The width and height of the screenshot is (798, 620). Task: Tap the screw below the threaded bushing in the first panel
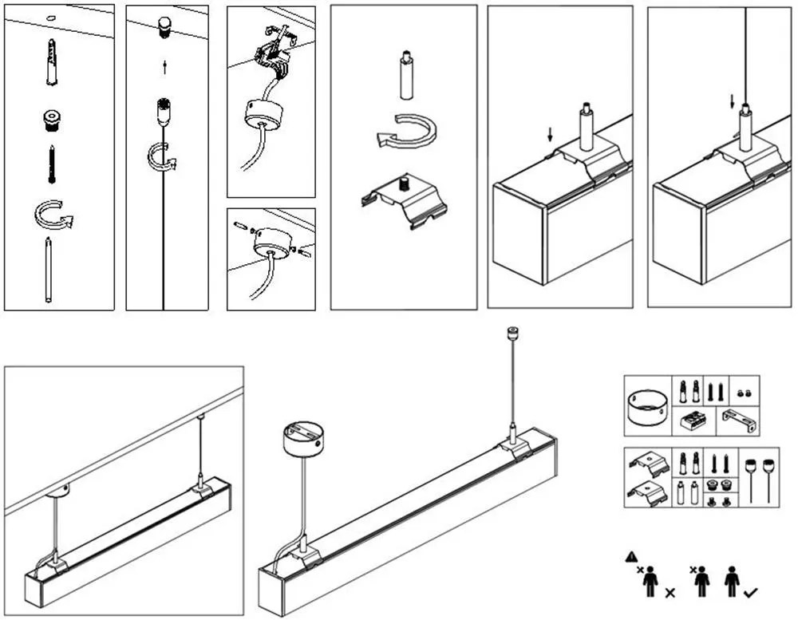tap(52, 163)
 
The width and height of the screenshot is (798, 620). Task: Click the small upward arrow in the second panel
tap(164, 68)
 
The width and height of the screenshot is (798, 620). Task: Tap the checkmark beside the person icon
tap(750, 593)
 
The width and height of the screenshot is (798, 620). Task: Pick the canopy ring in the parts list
tap(648, 406)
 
